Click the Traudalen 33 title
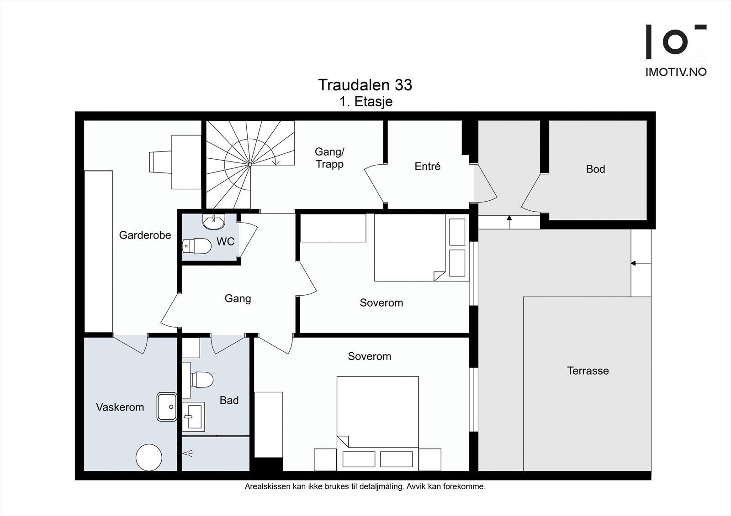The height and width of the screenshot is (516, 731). click(365, 85)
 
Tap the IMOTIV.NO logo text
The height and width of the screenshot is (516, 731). click(676, 73)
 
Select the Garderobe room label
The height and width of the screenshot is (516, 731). click(145, 235)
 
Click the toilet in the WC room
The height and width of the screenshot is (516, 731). click(196, 246)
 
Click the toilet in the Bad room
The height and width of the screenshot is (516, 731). click(202, 380)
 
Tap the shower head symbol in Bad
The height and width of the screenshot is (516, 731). click(188, 453)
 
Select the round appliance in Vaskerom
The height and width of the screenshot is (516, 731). click(149, 457)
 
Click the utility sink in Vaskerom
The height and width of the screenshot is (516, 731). click(167, 407)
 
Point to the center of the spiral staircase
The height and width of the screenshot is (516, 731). click(250, 165)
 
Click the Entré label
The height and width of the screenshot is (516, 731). click(428, 167)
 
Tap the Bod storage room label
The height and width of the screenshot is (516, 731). click(596, 169)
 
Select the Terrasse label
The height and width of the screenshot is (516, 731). click(588, 370)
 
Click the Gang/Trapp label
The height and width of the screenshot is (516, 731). click(329, 158)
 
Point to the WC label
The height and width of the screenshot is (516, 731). click(226, 241)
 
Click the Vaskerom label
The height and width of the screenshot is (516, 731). click(120, 407)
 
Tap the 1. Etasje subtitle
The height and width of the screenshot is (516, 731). click(366, 102)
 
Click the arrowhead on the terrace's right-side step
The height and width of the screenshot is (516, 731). click(633, 263)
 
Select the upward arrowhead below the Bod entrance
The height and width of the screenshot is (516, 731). click(509, 218)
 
